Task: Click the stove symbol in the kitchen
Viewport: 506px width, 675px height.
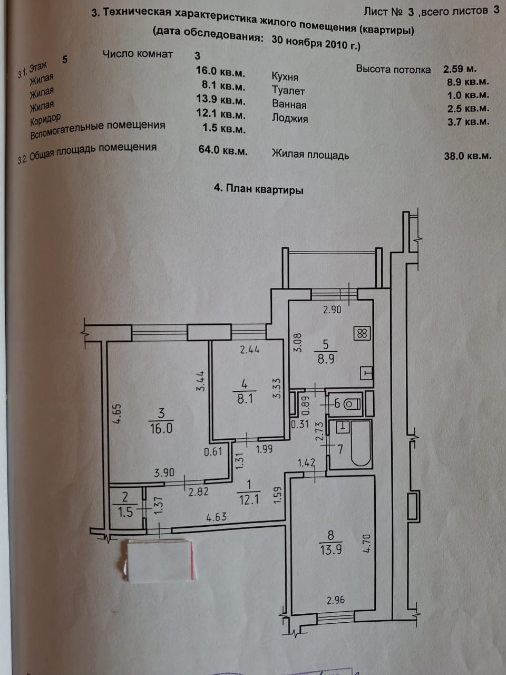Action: (x=362, y=333)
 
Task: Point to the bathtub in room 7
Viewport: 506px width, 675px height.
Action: (x=361, y=443)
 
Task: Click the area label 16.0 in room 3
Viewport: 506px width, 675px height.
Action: (x=161, y=428)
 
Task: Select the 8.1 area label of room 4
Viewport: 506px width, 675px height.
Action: (x=245, y=399)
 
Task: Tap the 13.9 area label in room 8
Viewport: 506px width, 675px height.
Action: (x=330, y=550)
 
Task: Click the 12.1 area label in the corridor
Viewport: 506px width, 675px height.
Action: (x=248, y=499)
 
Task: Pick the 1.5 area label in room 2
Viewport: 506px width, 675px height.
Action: (x=125, y=512)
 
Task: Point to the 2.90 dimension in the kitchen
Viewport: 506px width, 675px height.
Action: (x=332, y=310)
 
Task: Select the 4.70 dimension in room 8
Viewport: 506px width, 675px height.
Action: (x=367, y=543)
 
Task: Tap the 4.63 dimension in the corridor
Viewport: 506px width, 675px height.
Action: (x=216, y=517)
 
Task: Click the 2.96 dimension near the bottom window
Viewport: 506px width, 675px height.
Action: (x=336, y=600)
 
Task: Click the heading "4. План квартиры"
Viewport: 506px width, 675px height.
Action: (x=258, y=189)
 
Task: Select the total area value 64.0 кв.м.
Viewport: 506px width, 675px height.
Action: (x=222, y=150)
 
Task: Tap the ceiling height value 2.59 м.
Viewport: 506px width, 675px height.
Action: (x=460, y=69)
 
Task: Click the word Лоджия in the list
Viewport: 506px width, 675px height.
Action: (x=289, y=118)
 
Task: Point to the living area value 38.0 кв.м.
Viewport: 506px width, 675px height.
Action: (x=468, y=156)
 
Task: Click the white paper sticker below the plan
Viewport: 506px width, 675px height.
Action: (x=158, y=560)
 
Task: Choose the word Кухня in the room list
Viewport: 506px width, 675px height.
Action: (x=285, y=76)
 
